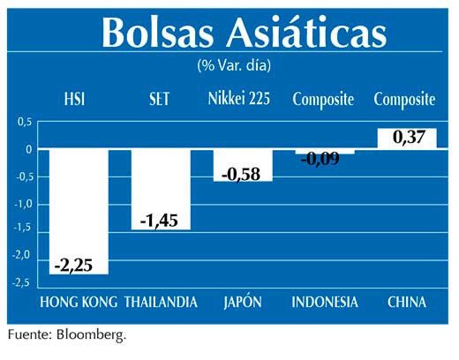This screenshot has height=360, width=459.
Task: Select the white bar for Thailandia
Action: [x=161, y=181]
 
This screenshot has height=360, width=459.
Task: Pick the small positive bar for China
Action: [x=406, y=139]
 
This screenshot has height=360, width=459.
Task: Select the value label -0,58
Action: [x=243, y=174]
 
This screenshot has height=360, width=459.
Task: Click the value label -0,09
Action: [x=323, y=159]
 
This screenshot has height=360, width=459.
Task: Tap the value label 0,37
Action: [x=406, y=138]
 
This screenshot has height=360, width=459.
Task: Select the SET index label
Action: [x=160, y=100]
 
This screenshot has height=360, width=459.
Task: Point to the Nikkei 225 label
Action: [x=242, y=100]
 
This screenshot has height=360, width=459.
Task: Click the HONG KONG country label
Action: [x=79, y=303]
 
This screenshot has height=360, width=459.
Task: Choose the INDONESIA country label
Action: [x=325, y=303]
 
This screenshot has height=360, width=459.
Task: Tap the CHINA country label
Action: [x=406, y=303]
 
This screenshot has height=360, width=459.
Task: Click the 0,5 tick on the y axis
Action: [x=24, y=123]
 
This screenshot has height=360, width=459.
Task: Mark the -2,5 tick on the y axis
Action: [x=22, y=282]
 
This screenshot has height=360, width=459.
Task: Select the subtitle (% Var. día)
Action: [x=234, y=65]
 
